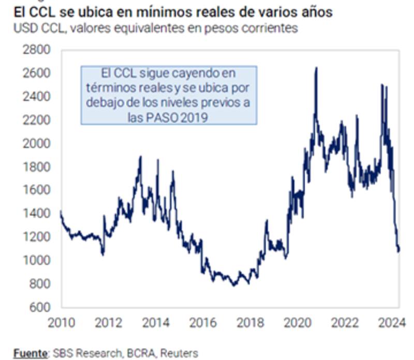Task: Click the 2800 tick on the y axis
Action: click(x=36, y=50)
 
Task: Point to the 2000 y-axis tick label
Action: click(x=36, y=143)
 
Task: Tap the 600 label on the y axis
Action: click(x=39, y=307)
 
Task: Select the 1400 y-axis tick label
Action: click(x=36, y=214)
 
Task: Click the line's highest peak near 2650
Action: click(x=316, y=67)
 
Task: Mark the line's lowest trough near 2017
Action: click(x=233, y=285)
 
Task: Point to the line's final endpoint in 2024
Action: click(x=399, y=251)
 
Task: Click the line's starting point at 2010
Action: click(x=61, y=211)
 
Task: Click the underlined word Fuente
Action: click(x=29, y=353)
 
